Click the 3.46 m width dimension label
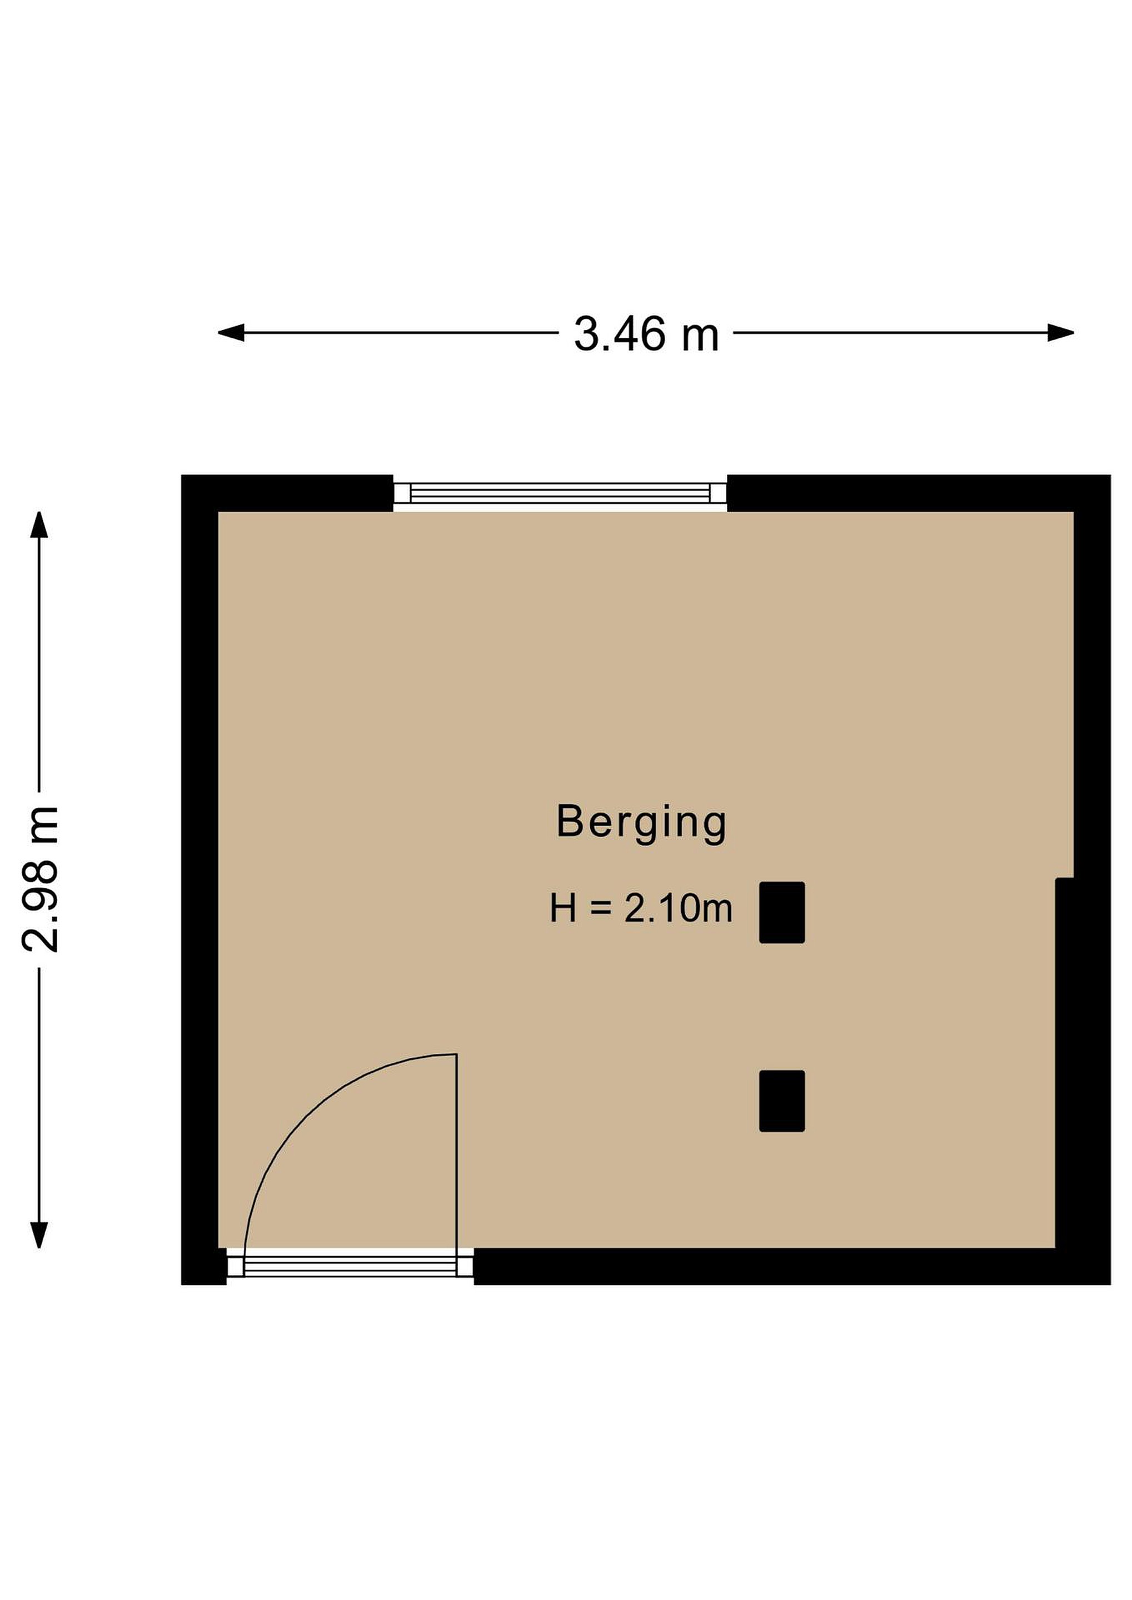[x=646, y=334]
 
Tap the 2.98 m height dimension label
[x=39, y=879]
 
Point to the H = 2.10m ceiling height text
[x=641, y=909]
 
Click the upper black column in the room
[x=782, y=912]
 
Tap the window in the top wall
[x=560, y=493]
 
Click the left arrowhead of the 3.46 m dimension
[x=231, y=333]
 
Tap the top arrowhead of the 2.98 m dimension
[x=39, y=525]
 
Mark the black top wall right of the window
[x=919, y=493]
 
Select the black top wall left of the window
[x=287, y=493]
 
